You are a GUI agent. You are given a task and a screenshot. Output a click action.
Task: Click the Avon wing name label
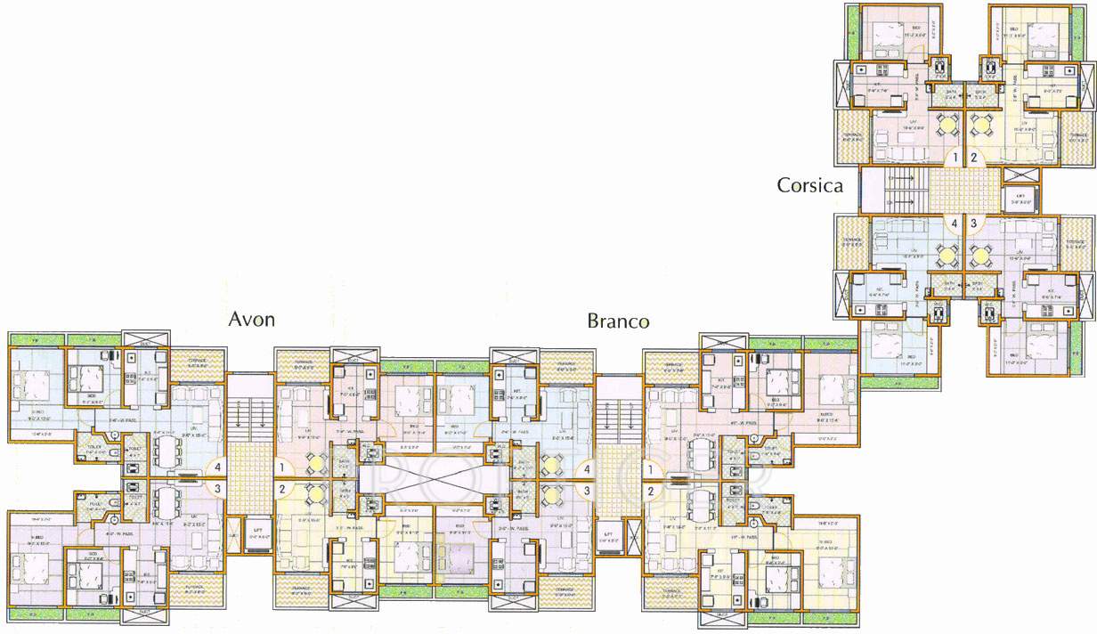click(252, 319)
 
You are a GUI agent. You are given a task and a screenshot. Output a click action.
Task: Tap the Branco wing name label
click(618, 321)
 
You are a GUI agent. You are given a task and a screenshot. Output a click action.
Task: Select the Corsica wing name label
click(810, 185)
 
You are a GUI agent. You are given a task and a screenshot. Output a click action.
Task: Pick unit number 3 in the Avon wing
click(216, 488)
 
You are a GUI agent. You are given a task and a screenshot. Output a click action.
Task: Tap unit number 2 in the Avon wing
click(282, 488)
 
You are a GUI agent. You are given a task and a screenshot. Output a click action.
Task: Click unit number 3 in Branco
click(587, 490)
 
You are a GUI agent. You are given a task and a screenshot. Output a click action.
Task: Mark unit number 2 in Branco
click(650, 490)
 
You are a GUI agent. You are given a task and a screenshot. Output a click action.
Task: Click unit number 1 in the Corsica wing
click(954, 158)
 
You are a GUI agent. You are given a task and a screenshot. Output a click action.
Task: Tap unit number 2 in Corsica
click(974, 158)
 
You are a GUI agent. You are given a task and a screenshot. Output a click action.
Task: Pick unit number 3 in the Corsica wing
click(974, 224)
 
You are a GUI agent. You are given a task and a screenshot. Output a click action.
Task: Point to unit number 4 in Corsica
click(954, 224)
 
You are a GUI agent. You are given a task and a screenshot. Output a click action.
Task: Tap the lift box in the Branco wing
click(610, 536)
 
